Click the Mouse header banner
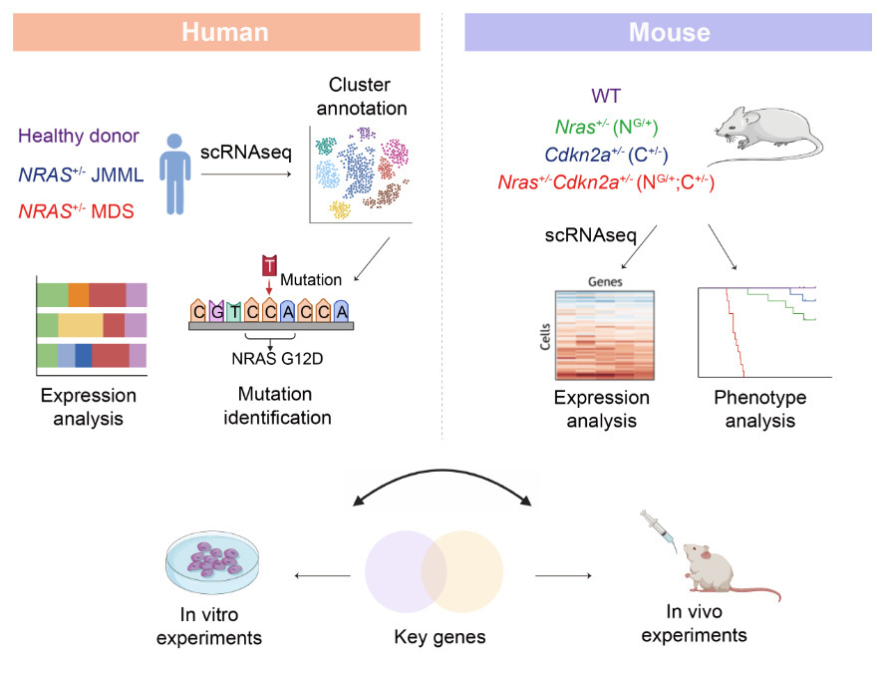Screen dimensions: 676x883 pyautogui.click(x=669, y=31)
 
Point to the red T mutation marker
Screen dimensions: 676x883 pyautogui.click(x=268, y=266)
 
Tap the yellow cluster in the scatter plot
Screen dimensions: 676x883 pyautogui.click(x=340, y=210)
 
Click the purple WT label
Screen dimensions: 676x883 pyautogui.click(x=606, y=96)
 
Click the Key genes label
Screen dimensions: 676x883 pyautogui.click(x=441, y=635)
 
